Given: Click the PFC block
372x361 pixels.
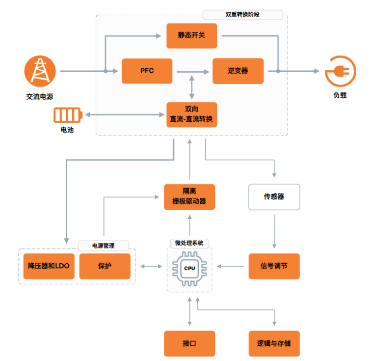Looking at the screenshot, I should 147,71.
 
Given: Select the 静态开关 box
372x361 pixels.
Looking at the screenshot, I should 191,35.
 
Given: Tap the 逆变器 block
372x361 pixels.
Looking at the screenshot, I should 238,71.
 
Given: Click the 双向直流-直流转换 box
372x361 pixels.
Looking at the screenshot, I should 191,113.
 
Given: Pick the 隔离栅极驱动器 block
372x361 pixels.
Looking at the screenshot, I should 189,196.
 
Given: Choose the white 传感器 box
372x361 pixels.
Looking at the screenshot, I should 274,196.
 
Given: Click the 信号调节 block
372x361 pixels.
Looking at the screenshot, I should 274,266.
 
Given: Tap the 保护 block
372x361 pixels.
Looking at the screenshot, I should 105,266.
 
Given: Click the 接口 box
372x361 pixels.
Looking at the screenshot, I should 189,343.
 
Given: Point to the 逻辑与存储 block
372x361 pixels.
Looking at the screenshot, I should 274,343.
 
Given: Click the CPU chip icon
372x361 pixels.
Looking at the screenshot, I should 189,268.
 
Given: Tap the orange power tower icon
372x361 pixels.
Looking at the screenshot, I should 39,71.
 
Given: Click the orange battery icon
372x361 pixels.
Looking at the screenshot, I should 67,115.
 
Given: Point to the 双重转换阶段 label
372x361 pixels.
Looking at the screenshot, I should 242,15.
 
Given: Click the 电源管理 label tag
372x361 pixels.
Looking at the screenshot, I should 104,245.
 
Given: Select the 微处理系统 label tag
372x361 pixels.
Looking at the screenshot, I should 189,243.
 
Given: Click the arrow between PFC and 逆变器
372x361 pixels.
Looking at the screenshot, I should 192,72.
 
